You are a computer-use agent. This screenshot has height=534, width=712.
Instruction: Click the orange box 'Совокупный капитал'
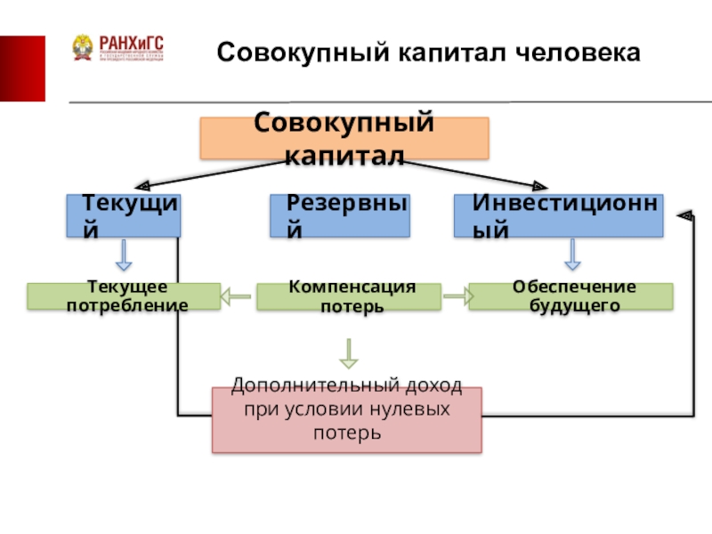click(344, 139)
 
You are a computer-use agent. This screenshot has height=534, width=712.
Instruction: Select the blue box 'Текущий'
click(123, 216)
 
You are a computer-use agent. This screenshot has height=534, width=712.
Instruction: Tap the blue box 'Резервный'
click(340, 216)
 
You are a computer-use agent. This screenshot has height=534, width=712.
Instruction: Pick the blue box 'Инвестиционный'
click(559, 216)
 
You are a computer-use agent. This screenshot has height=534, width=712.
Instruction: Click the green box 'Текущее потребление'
click(123, 296)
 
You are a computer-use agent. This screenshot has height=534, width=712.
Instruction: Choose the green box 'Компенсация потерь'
click(348, 296)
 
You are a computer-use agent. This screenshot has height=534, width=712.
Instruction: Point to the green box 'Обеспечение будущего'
click(570, 296)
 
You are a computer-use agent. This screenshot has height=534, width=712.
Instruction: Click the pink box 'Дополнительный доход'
click(346, 419)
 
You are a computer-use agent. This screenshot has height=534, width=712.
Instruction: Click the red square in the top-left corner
click(22, 69)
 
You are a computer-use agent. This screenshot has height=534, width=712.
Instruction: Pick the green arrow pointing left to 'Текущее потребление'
click(237, 296)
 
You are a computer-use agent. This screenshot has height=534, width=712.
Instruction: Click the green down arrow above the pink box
click(349, 353)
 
